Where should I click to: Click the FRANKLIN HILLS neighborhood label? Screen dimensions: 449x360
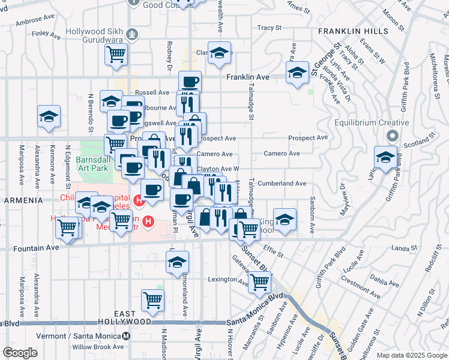click(353, 31)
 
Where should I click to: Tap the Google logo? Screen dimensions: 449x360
click(20, 353)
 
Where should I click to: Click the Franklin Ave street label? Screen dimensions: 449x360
click(248, 77)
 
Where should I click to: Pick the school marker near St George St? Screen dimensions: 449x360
click(296, 74)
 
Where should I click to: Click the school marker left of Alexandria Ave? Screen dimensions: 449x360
click(49, 116)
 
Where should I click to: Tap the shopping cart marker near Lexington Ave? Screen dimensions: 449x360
click(259, 281)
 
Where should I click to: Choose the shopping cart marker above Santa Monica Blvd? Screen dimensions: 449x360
click(153, 300)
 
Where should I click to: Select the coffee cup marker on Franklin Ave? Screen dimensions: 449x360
click(190, 82)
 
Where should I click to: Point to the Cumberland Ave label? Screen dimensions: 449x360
click(285, 184)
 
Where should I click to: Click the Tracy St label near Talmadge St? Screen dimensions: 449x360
click(270, 28)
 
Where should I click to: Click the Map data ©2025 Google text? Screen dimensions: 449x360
click(412, 355)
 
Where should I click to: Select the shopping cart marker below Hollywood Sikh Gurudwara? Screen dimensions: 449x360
click(116, 54)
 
